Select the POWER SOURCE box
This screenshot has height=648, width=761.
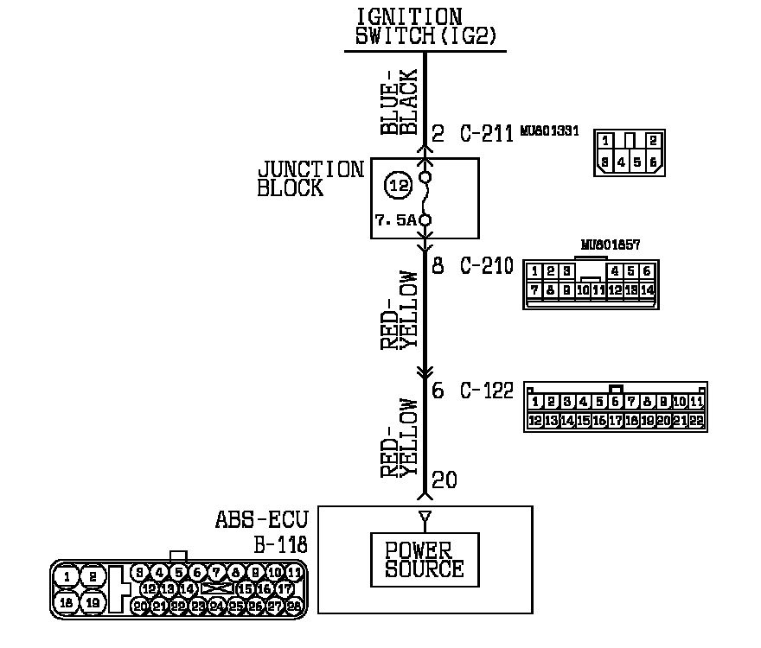pos(424,561)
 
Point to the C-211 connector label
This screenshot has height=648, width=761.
pos(486,134)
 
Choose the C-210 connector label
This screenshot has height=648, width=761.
pos(486,266)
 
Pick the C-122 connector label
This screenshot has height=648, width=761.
pos(486,391)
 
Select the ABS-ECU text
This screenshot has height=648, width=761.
pos(260,522)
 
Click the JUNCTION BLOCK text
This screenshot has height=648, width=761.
pos(310,179)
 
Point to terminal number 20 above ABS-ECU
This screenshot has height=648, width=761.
pos(444,480)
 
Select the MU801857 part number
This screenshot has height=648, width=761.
pos(611,245)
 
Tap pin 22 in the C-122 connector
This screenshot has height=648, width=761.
pos(696,421)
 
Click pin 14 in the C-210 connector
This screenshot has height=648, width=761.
pos(647,289)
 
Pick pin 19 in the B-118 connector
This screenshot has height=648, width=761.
pos(93,602)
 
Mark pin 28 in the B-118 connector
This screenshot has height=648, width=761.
pos(294,607)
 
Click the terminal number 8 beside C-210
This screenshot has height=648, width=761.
pos(438,266)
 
